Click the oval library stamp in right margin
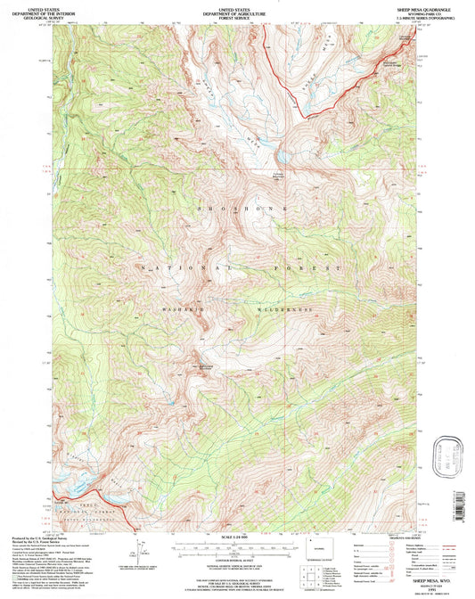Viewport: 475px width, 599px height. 449,463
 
